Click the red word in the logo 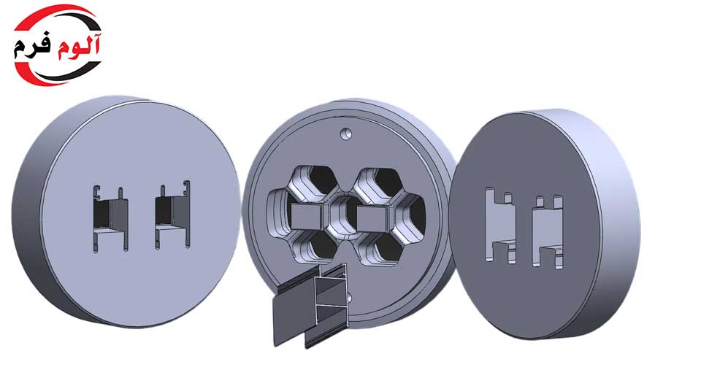pyautogui.click(x=79, y=46)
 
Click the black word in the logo pyautogui.click(x=33, y=47)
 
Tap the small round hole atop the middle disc pyautogui.click(x=345, y=134)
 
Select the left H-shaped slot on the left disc pyautogui.click(x=110, y=219)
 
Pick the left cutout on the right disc pyautogui.click(x=500, y=225)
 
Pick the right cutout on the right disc pyautogui.click(x=547, y=231)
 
